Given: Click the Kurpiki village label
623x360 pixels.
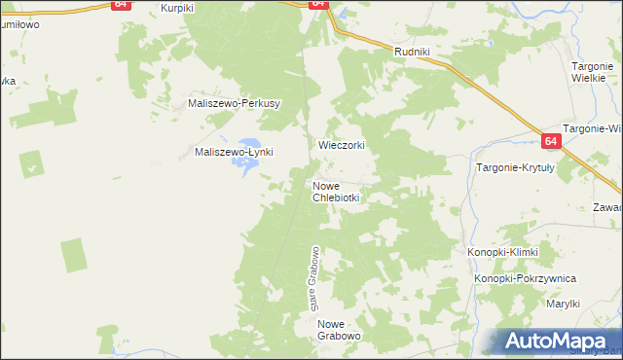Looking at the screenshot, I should click(x=179, y=7).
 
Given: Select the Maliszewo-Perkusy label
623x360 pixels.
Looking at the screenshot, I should click(x=235, y=103).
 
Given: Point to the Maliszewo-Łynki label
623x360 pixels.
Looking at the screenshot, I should click(x=235, y=152).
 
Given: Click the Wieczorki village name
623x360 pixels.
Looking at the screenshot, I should click(x=342, y=145).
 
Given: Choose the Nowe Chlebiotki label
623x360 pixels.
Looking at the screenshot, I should click(x=337, y=191).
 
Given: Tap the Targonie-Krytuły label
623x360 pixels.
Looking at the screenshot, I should click(x=515, y=167).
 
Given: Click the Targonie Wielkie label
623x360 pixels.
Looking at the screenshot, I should click(x=589, y=71).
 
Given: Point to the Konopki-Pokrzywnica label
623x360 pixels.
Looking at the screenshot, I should click(x=526, y=279).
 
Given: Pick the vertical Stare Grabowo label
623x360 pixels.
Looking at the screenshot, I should click(x=315, y=278).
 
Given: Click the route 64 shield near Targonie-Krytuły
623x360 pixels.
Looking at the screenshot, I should click(x=552, y=141).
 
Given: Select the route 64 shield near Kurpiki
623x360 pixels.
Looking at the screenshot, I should click(x=120, y=4).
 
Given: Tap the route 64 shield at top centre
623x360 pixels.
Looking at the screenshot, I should click(x=318, y=4).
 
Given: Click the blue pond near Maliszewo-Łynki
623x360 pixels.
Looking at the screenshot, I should click(x=243, y=167).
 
